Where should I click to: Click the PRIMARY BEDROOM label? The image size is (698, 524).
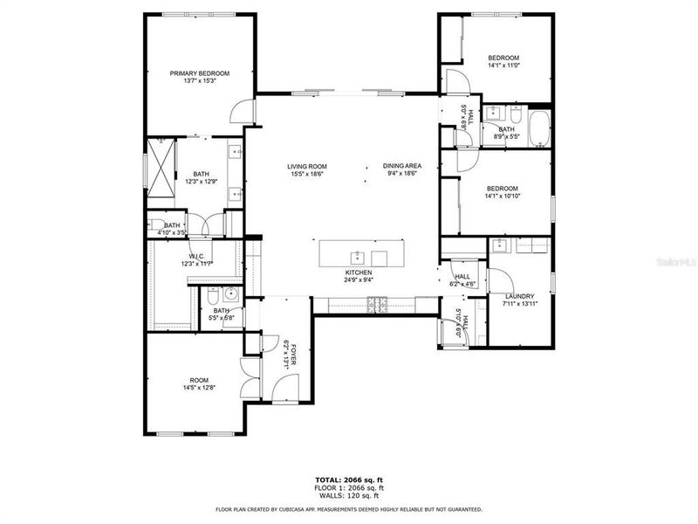click(200, 73)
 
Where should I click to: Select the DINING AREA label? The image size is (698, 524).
click(401, 166)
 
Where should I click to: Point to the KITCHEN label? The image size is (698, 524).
click(359, 272)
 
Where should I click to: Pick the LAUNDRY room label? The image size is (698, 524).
click(519, 296)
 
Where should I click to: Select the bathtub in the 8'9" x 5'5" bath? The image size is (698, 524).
click(539, 129)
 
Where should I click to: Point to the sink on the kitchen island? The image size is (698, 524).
click(357, 256)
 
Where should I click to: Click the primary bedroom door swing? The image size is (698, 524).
click(242, 112)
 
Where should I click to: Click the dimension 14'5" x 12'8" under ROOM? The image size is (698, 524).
click(200, 388)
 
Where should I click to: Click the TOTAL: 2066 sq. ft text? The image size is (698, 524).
click(349, 479)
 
